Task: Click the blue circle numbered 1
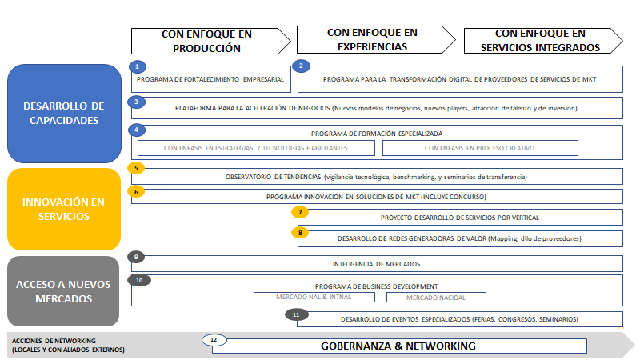click(x=137, y=66)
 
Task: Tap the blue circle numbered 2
click(x=302, y=66)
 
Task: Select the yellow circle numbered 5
click(x=136, y=168)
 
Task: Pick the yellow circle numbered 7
click(x=300, y=212)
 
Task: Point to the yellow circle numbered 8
click(x=300, y=233)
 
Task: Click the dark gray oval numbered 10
click(x=139, y=281)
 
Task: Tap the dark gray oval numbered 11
click(x=296, y=314)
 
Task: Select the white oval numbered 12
click(x=214, y=339)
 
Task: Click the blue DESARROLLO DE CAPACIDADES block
click(x=64, y=114)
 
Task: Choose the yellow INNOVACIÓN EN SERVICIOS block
click(x=64, y=209)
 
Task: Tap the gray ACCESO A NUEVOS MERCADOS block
click(x=63, y=291)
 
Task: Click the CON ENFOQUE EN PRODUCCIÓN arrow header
click(x=210, y=41)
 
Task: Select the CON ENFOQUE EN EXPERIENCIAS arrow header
click(x=376, y=39)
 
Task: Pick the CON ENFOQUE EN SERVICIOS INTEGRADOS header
click(x=543, y=41)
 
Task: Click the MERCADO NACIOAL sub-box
click(x=436, y=298)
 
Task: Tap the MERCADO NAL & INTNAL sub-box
click(x=314, y=297)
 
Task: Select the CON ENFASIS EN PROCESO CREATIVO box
click(x=480, y=148)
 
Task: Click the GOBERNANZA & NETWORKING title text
click(x=398, y=346)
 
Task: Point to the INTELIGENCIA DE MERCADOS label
click(x=376, y=264)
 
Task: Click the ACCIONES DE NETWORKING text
click(x=54, y=341)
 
